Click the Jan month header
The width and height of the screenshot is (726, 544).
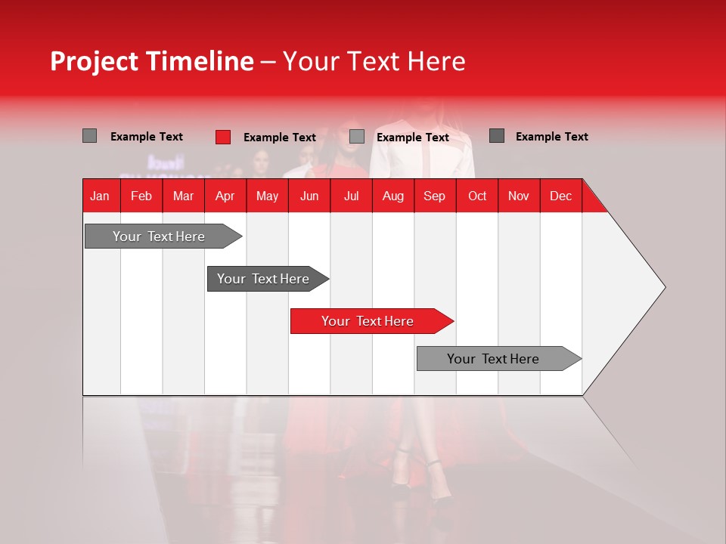pos(100,196)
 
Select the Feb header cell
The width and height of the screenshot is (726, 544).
pos(141,196)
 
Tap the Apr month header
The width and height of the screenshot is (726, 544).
pos(225,196)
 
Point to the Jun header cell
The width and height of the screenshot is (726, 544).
pos(309,196)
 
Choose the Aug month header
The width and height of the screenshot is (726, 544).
pos(392,196)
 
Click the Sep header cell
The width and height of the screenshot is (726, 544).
pos(434,196)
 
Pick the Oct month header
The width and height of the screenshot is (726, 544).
pos(477,196)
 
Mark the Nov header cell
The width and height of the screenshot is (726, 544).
pos(519,196)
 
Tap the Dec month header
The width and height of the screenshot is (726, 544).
pos(560,196)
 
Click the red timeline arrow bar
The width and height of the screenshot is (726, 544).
pos(371,321)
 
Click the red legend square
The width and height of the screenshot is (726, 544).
pos(223,137)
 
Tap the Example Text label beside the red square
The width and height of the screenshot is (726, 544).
pos(279,138)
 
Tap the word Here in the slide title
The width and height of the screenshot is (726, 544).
pos(436,62)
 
